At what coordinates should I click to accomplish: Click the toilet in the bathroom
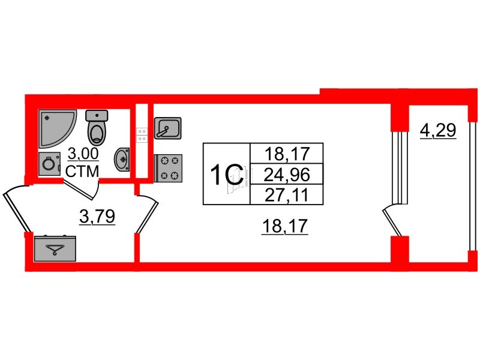(97, 128)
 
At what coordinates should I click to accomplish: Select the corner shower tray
(57, 128)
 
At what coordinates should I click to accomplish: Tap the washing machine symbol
(49, 164)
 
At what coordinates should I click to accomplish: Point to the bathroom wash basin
(122, 160)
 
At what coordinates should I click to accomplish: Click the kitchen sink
(168, 128)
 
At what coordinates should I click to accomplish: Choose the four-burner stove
(168, 168)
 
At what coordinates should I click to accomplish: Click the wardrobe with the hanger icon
(55, 248)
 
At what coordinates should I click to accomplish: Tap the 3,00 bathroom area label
(83, 154)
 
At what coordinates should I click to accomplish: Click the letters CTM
(82, 171)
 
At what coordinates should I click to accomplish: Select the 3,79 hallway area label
(97, 217)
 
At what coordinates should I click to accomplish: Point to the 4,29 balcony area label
(438, 130)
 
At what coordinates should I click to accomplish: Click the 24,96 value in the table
(287, 175)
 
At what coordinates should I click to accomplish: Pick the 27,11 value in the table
(287, 195)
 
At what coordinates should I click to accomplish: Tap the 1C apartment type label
(227, 175)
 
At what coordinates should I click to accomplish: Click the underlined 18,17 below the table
(284, 227)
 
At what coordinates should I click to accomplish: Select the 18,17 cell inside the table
(287, 154)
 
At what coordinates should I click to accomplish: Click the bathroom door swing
(81, 190)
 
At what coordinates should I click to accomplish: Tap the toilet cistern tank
(97, 115)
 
